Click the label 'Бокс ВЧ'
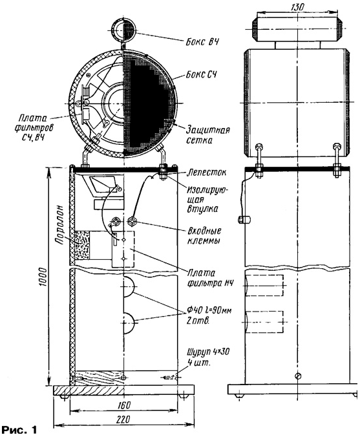(x=202, y=42)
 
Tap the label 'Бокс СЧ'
(x=202, y=75)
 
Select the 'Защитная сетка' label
(x=207, y=135)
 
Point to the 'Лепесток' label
(x=206, y=173)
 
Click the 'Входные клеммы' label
(x=204, y=235)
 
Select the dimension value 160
(x=124, y=405)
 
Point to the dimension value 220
(x=123, y=419)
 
